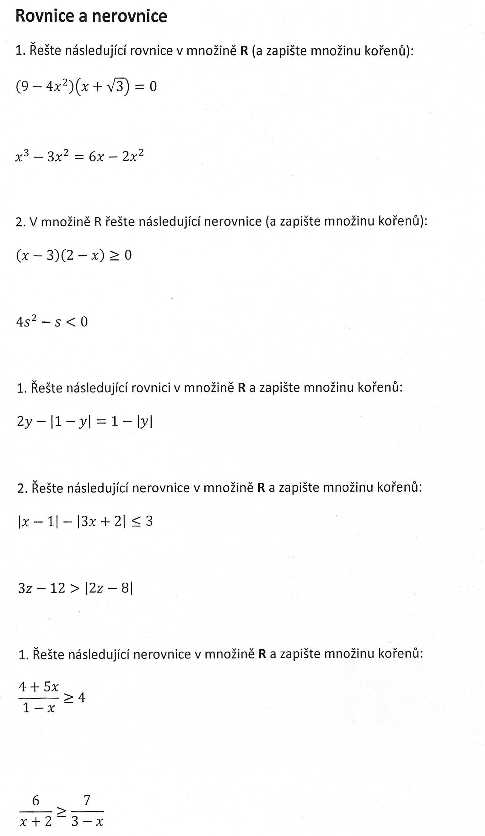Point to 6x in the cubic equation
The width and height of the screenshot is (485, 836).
(x=96, y=156)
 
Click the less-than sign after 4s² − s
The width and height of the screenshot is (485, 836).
(x=71, y=321)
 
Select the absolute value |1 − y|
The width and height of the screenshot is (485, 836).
(x=70, y=421)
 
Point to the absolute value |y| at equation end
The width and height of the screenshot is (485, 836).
(x=144, y=421)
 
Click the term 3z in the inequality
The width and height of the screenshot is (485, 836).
(x=25, y=588)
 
